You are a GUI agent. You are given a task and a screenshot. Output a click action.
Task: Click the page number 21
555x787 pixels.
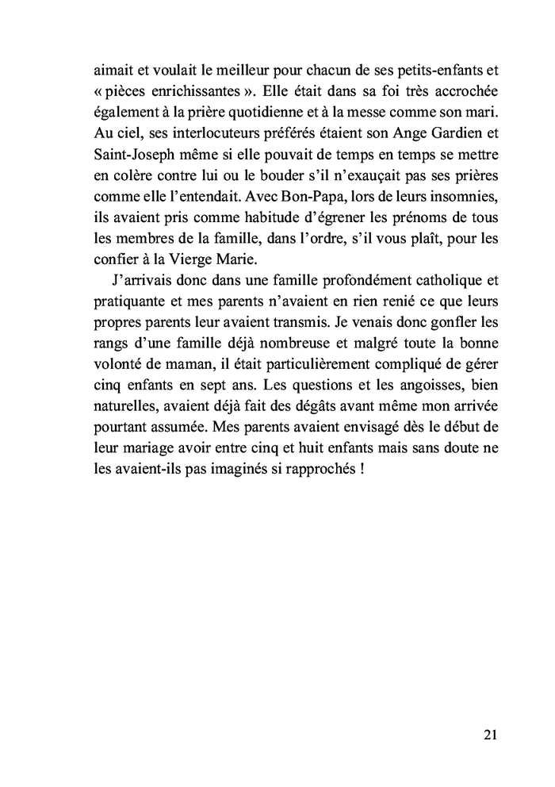[489, 734]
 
